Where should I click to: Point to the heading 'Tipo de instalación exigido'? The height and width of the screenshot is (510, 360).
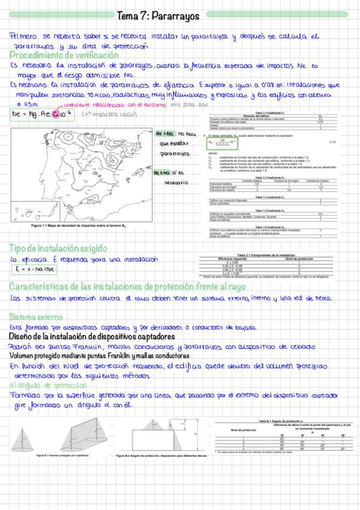coord(58,248)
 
